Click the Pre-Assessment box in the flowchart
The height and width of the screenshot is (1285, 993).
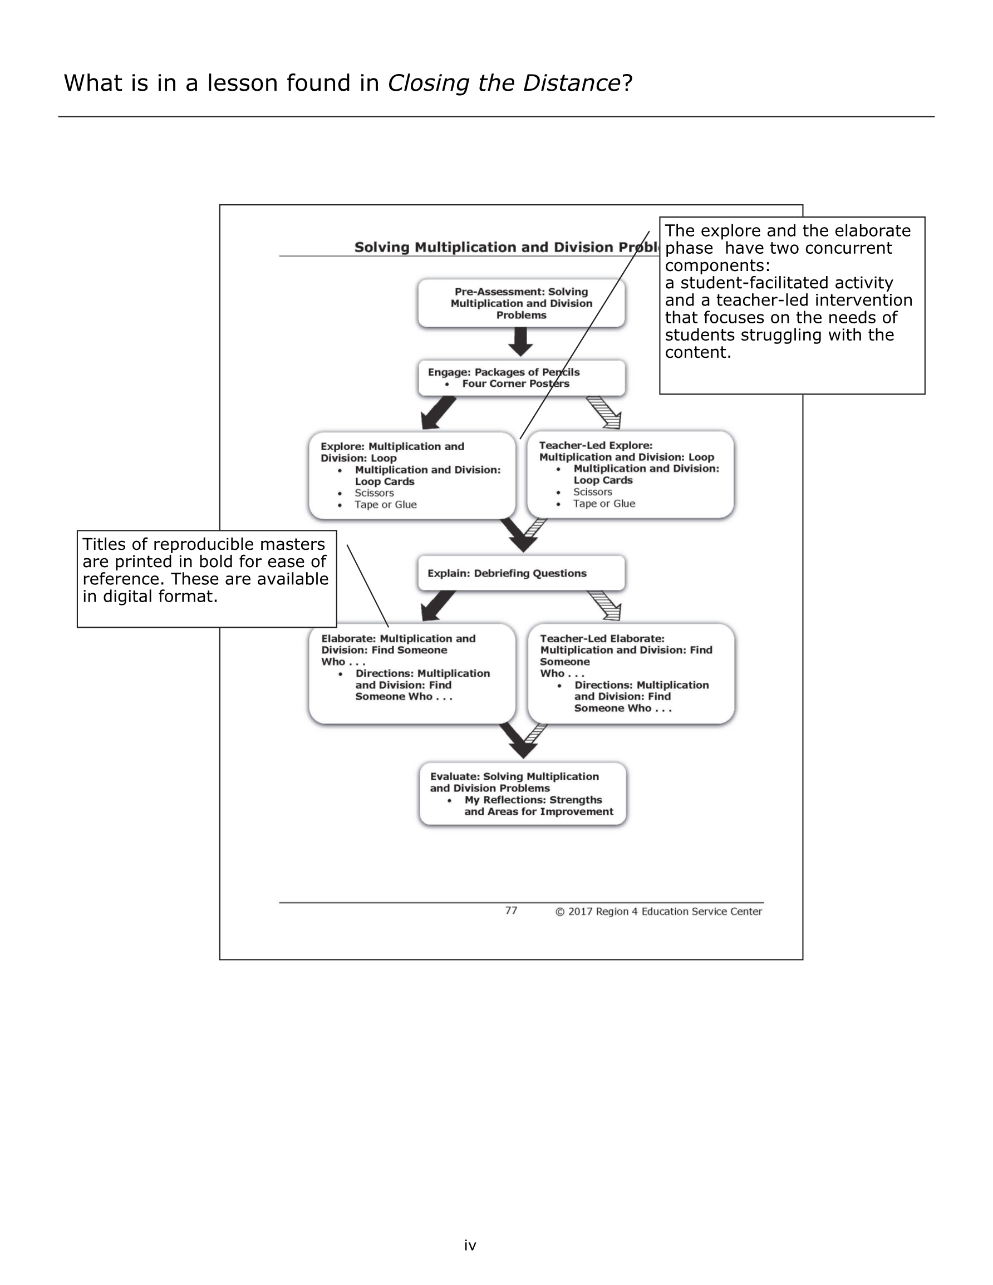coord(521,303)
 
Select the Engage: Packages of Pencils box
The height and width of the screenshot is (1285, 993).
coord(521,378)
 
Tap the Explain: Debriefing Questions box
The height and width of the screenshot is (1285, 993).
coord(521,573)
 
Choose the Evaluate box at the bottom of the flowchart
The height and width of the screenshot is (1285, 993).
coord(522,794)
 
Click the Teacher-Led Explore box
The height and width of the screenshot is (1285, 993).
coord(631,474)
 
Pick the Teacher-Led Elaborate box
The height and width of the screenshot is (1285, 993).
coord(631,673)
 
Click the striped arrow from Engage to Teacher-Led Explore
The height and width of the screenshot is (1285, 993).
coord(605,412)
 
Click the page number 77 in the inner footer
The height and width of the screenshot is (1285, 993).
coord(511,911)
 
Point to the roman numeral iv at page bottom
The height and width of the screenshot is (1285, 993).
coord(470,1245)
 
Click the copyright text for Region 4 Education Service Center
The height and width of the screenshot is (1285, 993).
coord(658,912)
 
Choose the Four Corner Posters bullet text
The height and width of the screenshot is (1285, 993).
coord(515,383)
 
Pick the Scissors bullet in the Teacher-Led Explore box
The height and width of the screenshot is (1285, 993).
coord(592,492)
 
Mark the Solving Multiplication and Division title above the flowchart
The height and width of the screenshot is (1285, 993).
coord(506,247)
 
